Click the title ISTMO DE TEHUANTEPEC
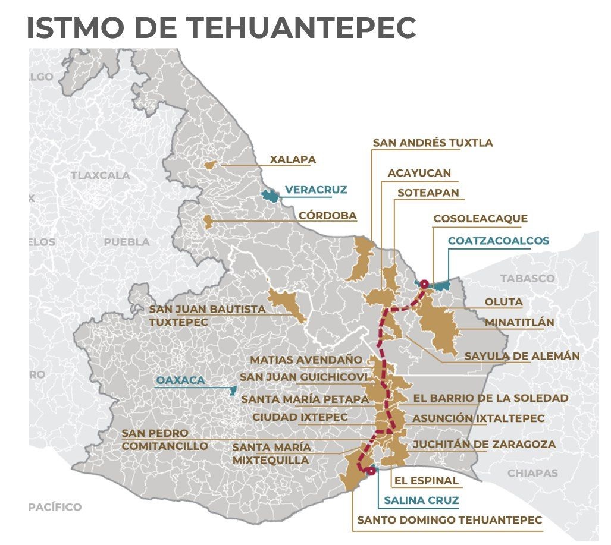click(221, 27)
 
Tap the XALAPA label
click(293, 159)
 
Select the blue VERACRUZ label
click(315, 190)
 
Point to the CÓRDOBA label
click(328, 215)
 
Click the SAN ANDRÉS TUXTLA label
click(433, 143)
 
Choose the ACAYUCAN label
click(419, 173)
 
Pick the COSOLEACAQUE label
click(480, 219)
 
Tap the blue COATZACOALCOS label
click(499, 241)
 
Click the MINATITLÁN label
click(519, 322)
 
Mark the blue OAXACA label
click(180, 380)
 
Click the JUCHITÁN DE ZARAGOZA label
click(484, 444)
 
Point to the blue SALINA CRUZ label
click(421, 500)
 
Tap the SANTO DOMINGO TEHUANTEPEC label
click(449, 520)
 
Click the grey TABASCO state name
click(527, 278)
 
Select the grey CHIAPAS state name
click(532, 473)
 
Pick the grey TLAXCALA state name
click(100, 175)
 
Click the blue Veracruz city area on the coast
click(270, 195)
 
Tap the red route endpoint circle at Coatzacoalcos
click(424, 283)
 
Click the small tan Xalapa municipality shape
click(209, 165)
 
